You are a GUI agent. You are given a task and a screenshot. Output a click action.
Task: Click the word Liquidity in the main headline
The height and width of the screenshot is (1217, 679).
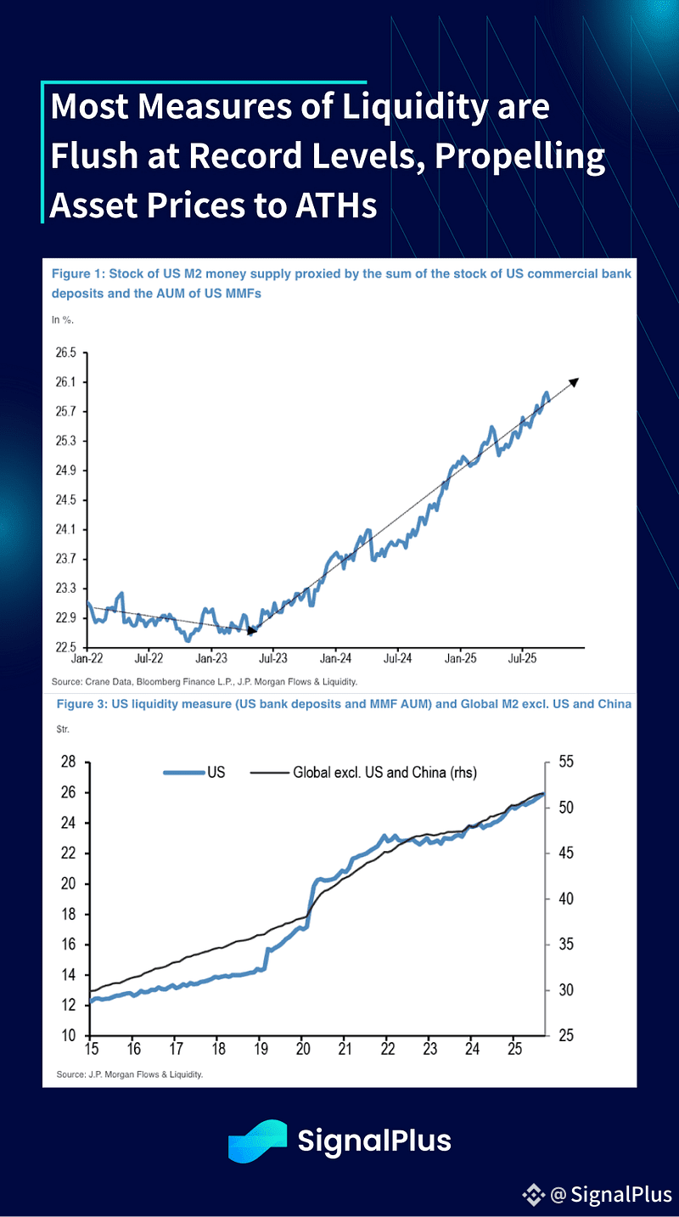[x=415, y=108]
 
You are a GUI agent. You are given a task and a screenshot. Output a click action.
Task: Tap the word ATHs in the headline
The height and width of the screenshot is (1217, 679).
[x=335, y=206]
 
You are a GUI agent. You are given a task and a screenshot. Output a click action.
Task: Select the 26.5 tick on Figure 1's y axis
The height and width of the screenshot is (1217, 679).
[x=65, y=353]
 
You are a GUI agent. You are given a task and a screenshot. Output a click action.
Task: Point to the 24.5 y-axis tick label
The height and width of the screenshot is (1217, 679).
[x=65, y=500]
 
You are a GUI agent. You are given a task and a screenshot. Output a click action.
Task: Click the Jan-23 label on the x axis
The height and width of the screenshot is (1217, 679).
[x=211, y=658]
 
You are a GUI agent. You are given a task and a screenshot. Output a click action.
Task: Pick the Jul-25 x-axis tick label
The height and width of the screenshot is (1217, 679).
[x=522, y=658]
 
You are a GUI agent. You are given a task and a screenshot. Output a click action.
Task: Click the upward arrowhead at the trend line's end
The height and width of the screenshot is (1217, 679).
[x=575, y=382]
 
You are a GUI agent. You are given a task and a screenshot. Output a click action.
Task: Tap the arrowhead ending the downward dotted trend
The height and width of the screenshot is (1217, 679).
[x=251, y=630]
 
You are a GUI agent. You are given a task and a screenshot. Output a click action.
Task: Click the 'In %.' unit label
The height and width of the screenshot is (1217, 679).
[x=63, y=320]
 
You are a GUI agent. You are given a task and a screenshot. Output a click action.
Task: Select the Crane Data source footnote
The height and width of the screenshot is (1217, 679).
[x=204, y=682]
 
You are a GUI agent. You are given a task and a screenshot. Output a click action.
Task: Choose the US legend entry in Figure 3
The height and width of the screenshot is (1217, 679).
[x=194, y=773]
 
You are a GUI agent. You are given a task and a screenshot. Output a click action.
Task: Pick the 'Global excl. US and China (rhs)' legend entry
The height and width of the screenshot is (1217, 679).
[x=363, y=773]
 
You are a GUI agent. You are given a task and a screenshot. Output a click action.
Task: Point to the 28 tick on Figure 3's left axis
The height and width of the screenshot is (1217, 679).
[x=69, y=762]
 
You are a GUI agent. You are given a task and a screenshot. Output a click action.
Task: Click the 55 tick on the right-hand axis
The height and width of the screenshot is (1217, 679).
[x=566, y=762]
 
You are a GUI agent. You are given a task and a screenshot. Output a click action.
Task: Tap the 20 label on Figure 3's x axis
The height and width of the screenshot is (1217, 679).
[x=303, y=1049]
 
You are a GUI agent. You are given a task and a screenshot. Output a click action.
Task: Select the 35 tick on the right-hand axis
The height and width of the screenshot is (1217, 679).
[x=566, y=944]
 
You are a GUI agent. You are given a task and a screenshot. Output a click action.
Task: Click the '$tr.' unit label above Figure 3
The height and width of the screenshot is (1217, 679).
[x=63, y=730]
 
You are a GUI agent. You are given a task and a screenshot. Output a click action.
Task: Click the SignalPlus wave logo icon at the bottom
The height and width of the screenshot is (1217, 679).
[x=257, y=1141]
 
